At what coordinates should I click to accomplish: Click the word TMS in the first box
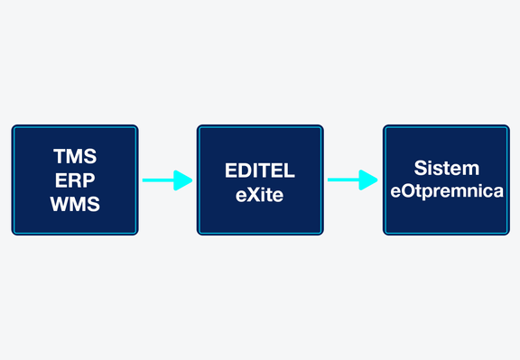pyautogui.click(x=75, y=156)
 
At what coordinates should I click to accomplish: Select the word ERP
pyautogui.click(x=75, y=180)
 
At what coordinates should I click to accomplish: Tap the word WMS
pyautogui.click(x=75, y=204)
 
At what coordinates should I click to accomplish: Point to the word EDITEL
pyautogui.click(x=260, y=171)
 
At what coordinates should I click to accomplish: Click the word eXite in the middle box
pyautogui.click(x=260, y=195)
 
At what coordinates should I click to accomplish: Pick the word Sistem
pyautogui.click(x=447, y=168)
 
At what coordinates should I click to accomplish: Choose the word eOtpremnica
pyautogui.click(x=447, y=191)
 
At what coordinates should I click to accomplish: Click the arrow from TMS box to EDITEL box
pyautogui.click(x=168, y=180)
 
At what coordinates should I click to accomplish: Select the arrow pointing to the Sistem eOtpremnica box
pyautogui.click(x=353, y=180)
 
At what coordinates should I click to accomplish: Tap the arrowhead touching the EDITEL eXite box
pyautogui.click(x=182, y=180)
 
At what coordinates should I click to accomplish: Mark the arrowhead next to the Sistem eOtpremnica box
pyautogui.click(x=368, y=180)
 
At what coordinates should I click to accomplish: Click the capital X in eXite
pyautogui.click(x=254, y=195)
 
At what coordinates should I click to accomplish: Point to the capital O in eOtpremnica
pyautogui.click(x=407, y=191)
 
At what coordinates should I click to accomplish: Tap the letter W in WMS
pyautogui.click(x=60, y=204)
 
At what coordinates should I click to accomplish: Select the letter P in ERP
pyautogui.click(x=88, y=180)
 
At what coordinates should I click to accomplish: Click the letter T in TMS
pyautogui.click(x=60, y=156)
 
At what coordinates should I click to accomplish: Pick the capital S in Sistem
pyautogui.click(x=421, y=168)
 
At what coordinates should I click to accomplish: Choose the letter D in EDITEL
pyautogui.click(x=246, y=171)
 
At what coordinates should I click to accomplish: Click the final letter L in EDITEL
pyautogui.click(x=290, y=171)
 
